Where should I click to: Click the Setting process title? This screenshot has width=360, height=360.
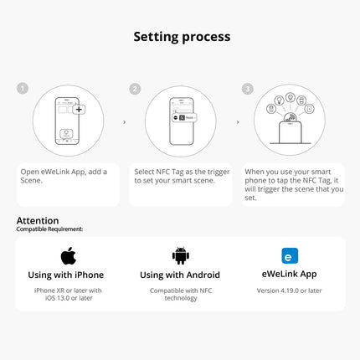[x=182, y=37]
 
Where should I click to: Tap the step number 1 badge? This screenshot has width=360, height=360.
[x=23, y=89]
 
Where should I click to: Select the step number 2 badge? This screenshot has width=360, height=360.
[x=135, y=89]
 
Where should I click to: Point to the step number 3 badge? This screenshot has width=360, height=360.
[x=248, y=89]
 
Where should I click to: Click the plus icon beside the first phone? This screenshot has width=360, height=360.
[x=79, y=110]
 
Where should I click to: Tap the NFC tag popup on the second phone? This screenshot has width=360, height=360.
[x=184, y=117]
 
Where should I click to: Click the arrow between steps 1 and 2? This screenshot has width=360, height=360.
[x=125, y=122]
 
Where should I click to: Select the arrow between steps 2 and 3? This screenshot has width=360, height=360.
[x=238, y=122]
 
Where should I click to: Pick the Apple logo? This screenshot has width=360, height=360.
[x=69, y=255]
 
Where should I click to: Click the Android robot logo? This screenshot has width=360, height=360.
[x=181, y=255]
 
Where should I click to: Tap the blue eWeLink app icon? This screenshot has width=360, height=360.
[x=290, y=255]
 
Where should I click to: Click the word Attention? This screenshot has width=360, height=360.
[x=38, y=220]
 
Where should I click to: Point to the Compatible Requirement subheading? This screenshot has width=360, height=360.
[x=49, y=229]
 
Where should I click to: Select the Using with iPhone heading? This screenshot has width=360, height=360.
[x=66, y=275]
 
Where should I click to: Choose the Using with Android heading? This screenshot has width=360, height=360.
[x=180, y=275]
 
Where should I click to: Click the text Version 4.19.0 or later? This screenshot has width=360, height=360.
[x=289, y=291]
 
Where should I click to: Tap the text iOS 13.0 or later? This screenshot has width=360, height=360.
[x=69, y=298]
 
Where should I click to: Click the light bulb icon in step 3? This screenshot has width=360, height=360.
[x=280, y=100]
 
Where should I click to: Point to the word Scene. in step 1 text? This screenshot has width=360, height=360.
[x=32, y=180]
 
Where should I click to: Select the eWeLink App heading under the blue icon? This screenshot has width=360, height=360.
[x=289, y=274]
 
